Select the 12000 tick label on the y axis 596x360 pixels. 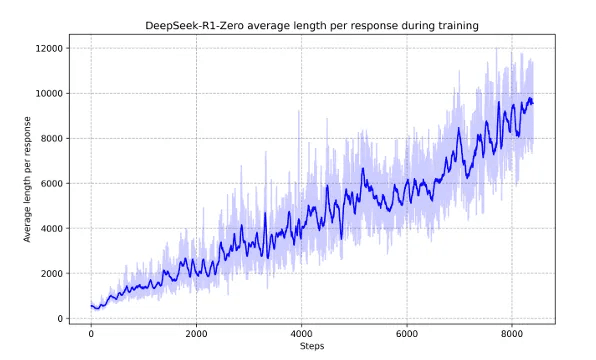[x=49, y=48]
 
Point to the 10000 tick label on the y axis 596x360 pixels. [x=49, y=93]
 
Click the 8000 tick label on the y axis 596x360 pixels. [x=52, y=138]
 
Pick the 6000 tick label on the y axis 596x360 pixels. [x=52, y=183]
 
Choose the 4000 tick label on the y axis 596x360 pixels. [x=52, y=228]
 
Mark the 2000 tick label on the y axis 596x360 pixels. [x=52, y=273]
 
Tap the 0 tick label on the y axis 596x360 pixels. [x=61, y=318]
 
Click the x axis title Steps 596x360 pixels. [x=311, y=347]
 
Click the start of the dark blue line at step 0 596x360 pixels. [x=91, y=306]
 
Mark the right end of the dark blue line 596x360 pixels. [x=533, y=102]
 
